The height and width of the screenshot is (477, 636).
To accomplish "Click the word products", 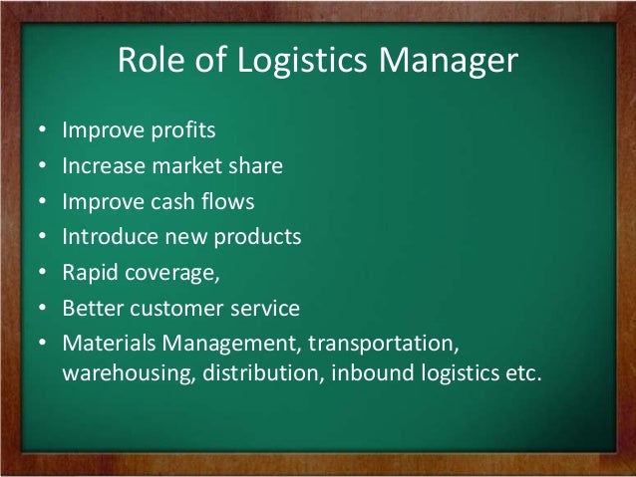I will click(x=259, y=238).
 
